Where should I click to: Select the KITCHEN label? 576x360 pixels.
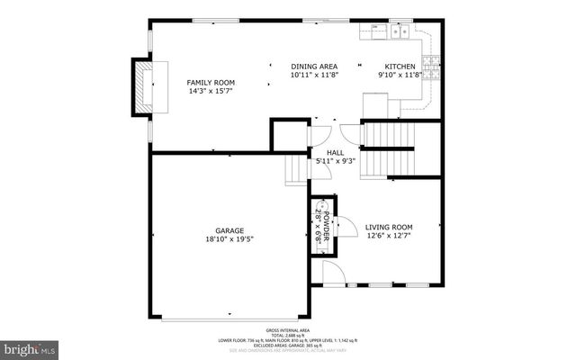(x=400, y=67)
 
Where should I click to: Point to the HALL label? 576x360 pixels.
(x=336, y=153)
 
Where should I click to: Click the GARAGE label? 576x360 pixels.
(x=229, y=230)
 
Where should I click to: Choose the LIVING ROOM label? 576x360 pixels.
(x=389, y=228)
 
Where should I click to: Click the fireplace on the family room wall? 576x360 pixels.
(x=142, y=86)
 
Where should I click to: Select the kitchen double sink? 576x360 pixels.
(x=400, y=33)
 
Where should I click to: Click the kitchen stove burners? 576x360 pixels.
(x=432, y=64)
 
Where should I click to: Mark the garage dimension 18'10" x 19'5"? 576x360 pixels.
(x=229, y=239)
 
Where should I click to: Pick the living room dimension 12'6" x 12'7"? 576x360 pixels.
(x=389, y=237)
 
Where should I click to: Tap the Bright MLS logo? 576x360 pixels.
(x=30, y=346)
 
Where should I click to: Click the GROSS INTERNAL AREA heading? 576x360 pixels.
(x=288, y=330)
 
